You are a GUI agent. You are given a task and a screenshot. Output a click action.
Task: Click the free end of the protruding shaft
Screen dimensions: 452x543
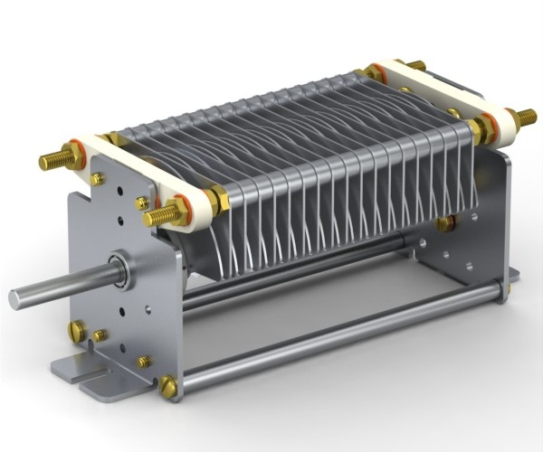[x=17, y=298]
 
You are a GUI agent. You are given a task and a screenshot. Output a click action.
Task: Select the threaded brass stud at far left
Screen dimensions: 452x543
[x=54, y=161]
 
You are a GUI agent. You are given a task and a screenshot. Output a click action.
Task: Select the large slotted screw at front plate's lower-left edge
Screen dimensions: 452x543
[x=78, y=332]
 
